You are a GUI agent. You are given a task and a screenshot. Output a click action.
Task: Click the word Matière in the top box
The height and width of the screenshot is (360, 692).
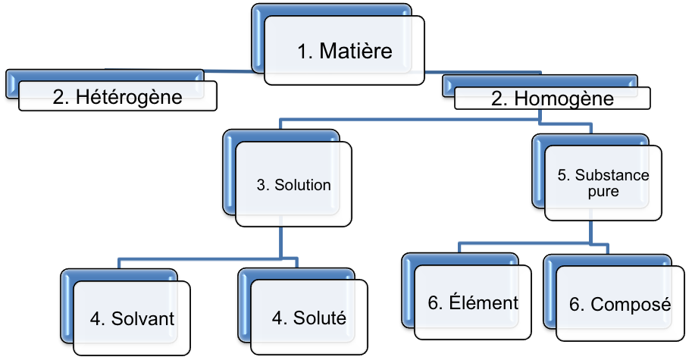pyautogui.click(x=356, y=52)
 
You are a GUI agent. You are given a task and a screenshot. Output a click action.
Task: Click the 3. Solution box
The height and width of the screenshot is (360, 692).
pyautogui.click(x=293, y=186)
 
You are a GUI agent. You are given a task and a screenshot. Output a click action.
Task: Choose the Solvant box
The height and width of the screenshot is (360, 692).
pyautogui.click(x=132, y=318)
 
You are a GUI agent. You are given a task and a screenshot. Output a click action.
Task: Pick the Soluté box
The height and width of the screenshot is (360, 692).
pyautogui.click(x=308, y=318)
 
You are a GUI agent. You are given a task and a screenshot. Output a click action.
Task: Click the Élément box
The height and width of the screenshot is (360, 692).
pyautogui.click(x=473, y=303)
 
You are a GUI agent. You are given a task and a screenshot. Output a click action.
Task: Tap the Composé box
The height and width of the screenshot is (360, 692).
pyautogui.click(x=620, y=305)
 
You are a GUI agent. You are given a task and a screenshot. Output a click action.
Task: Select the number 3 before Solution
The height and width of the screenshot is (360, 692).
pyautogui.click(x=261, y=186)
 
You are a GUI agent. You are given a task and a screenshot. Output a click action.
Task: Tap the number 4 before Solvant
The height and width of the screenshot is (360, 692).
pyautogui.click(x=96, y=318)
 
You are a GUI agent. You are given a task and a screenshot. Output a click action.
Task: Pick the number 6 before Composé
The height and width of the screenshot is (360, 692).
pyautogui.click(x=575, y=305)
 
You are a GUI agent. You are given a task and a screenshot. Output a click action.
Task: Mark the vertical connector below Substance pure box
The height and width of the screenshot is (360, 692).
pyautogui.click(x=591, y=230)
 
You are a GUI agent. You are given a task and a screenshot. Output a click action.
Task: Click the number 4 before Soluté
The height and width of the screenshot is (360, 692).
pyautogui.click(x=277, y=318)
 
